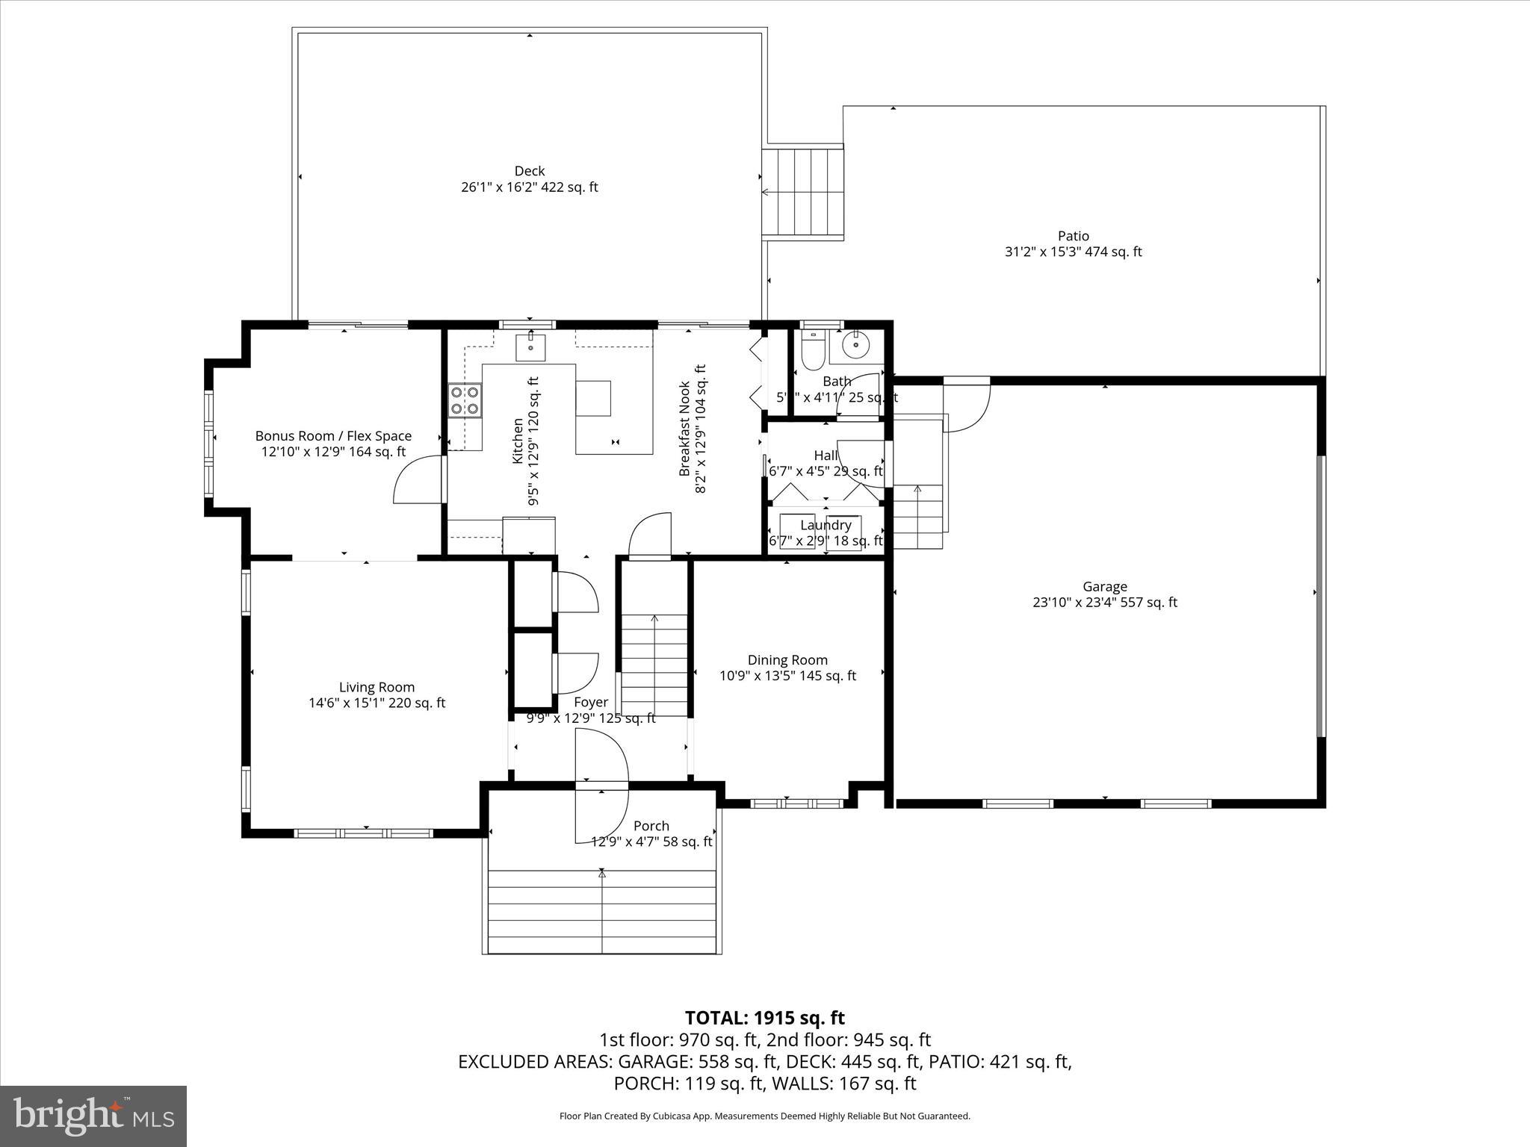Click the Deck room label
tap(529, 171)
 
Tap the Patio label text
tap(1073, 236)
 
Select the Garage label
tap(1104, 587)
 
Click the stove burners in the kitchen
tap(464, 400)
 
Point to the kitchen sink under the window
tap(530, 347)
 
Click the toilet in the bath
tap(811, 350)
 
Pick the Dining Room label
tap(787, 660)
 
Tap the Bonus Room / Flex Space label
tap(333, 436)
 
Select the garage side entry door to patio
tap(967, 403)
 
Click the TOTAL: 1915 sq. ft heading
tap(764, 1018)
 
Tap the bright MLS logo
tap(93, 1116)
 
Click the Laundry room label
tap(826, 525)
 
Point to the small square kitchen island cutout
tap(593, 398)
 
